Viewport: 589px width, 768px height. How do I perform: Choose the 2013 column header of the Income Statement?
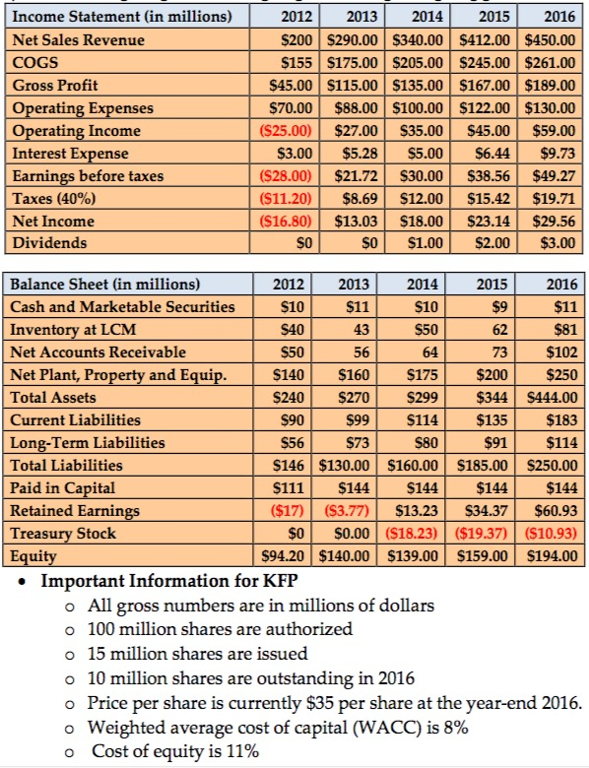click(357, 17)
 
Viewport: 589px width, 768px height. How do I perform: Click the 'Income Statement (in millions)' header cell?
click(121, 17)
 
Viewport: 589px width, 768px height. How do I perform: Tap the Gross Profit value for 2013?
click(357, 86)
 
